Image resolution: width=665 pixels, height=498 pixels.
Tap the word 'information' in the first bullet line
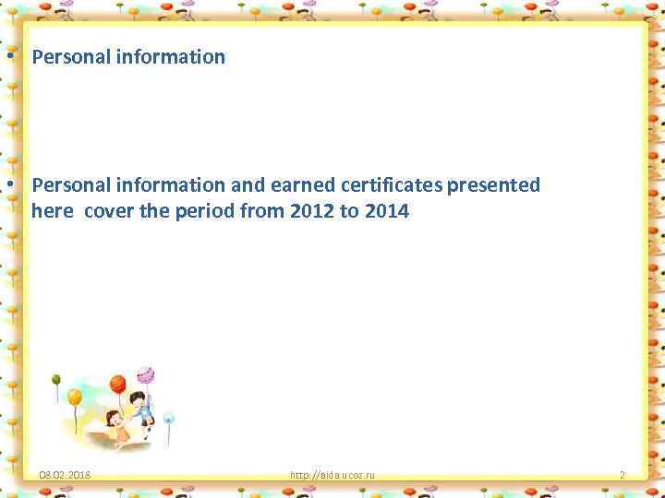(171, 57)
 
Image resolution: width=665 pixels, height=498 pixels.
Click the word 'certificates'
(390, 185)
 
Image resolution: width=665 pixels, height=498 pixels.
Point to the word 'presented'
(495, 185)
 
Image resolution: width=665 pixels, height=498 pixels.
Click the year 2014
(387, 212)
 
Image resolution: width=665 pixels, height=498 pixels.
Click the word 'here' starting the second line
(53, 212)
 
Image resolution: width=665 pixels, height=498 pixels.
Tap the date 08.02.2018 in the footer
(65, 476)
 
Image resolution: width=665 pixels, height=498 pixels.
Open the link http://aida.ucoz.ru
(332, 476)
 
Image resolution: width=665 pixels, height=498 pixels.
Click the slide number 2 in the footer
(622, 476)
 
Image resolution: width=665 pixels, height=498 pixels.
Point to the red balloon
(117, 383)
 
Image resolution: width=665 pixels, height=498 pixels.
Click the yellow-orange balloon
(75, 398)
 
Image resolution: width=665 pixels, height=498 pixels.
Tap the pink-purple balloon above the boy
(145, 375)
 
